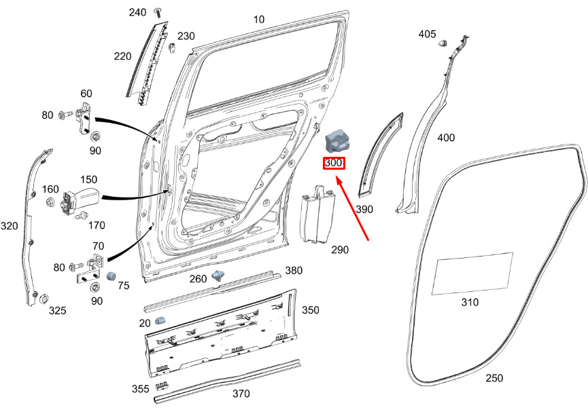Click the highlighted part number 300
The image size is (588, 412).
pos(334,163)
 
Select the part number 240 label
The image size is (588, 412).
pos(137,13)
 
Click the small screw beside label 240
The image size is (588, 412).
pos(158,12)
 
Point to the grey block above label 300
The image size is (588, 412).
pos(337,141)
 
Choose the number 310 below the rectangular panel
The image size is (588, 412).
pos(469,302)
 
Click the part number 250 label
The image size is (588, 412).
pos(495,378)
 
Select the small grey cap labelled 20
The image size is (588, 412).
pos(161,320)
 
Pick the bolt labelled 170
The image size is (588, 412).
pos(80,215)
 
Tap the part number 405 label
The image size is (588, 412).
pos(427,34)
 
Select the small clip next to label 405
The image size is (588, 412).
pos(443,43)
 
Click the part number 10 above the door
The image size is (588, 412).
pos(259,20)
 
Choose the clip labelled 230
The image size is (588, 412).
pos(173,48)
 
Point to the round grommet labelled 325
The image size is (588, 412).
pos(43,299)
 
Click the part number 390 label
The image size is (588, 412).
pos(364,209)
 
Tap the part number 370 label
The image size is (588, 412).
pos(241,394)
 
